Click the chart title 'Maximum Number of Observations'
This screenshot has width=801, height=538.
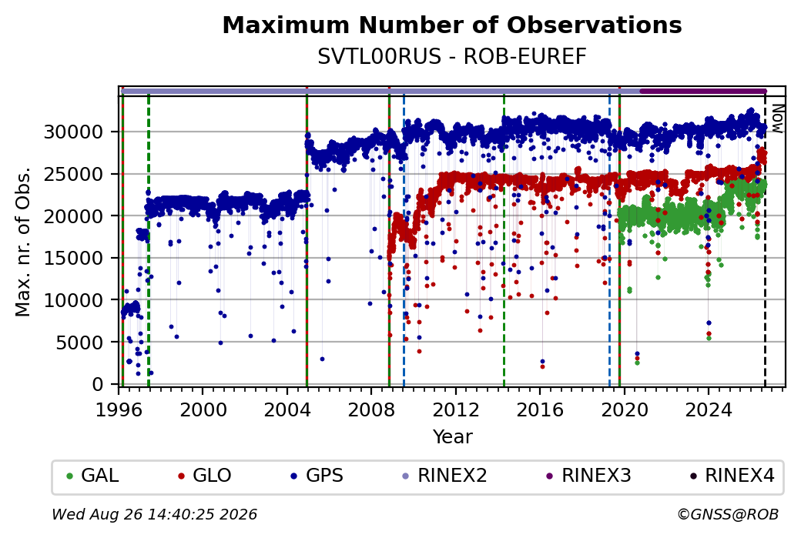pyautogui.click(x=452, y=25)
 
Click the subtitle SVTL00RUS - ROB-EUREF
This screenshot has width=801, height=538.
pyautogui.click(x=452, y=57)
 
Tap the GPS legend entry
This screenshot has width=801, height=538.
pyautogui.click(x=317, y=476)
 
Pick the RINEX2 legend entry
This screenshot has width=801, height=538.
pyautogui.click(x=445, y=476)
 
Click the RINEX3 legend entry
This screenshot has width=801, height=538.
pyautogui.click(x=589, y=476)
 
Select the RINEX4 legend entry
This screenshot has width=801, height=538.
pyautogui.click(x=732, y=476)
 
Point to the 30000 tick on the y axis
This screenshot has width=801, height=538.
pyautogui.click(x=74, y=132)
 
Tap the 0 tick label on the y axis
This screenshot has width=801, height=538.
pyautogui.click(x=99, y=384)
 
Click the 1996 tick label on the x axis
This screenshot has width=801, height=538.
pyautogui.click(x=119, y=410)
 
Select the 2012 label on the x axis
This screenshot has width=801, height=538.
pyautogui.click(x=456, y=410)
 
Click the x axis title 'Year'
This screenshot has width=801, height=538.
pyautogui.click(x=453, y=437)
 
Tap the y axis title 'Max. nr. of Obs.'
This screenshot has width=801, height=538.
pyautogui.click(x=22, y=242)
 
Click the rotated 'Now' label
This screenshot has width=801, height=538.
pyautogui.click(x=777, y=119)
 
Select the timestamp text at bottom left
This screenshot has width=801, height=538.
pyautogui.click(x=154, y=514)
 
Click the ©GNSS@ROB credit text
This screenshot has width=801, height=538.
pyautogui.click(x=728, y=514)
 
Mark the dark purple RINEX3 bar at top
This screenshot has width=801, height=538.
pyautogui.click(x=703, y=92)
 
